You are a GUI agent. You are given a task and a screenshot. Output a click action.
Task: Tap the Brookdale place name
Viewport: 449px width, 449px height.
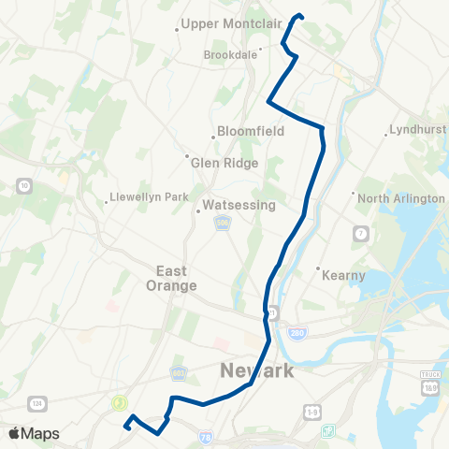[230, 55]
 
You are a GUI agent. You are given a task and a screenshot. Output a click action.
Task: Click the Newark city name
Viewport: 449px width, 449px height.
[256, 371]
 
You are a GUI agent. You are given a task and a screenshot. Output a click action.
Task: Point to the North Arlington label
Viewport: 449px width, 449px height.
[400, 198]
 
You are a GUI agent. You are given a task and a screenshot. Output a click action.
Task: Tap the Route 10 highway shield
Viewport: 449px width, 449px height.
[22, 187]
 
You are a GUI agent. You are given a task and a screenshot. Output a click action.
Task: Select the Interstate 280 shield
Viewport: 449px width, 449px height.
[297, 333]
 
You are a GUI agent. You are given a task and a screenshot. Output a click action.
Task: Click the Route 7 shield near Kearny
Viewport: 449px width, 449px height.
[358, 231]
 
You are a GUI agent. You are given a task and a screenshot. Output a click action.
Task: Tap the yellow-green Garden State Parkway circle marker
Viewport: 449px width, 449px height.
[119, 403]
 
